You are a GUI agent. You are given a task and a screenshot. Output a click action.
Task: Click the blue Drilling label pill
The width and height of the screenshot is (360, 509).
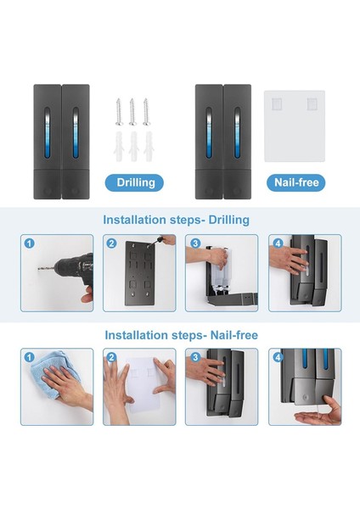pyautogui.click(x=134, y=182)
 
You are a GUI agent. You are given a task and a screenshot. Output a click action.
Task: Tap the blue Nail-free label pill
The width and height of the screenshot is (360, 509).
pyautogui.click(x=295, y=182)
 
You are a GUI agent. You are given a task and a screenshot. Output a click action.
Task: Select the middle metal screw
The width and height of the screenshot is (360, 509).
pyautogui.click(x=132, y=112)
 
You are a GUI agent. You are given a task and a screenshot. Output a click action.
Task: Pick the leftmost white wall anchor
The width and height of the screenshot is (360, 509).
pyautogui.click(x=119, y=146)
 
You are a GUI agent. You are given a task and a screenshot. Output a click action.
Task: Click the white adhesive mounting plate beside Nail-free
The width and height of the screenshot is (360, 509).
pyautogui.click(x=295, y=126)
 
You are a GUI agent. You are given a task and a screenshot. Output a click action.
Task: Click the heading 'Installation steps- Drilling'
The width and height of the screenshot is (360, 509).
pyautogui.click(x=176, y=220)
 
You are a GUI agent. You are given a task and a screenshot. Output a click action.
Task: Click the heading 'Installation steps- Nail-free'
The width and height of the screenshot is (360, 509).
pyautogui.click(x=182, y=335)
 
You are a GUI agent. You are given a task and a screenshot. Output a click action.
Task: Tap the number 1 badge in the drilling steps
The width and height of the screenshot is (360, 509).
pyautogui.click(x=29, y=243)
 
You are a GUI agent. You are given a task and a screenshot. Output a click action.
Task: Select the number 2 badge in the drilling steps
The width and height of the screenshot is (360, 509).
pyautogui.click(x=111, y=243)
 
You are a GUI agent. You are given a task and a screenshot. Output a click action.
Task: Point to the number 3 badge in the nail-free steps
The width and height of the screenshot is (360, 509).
pyautogui.click(x=195, y=357)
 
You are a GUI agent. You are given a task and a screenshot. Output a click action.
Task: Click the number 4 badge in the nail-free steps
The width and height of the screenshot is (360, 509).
pyautogui.click(x=278, y=357)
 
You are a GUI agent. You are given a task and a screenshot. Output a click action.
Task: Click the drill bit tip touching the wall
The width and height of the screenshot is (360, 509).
pyautogui.click(x=38, y=268)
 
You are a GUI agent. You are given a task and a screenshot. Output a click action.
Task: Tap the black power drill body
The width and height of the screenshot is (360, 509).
pyautogui.click(x=76, y=267)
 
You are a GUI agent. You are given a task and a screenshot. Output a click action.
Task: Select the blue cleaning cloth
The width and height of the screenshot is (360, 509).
pyautogui.click(x=53, y=373)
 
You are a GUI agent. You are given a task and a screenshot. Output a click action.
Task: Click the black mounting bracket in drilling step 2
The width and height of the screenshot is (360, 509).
pyautogui.click(x=140, y=273)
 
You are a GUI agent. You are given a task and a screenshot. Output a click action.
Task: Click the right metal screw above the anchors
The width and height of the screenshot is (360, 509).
pyautogui.click(x=146, y=112)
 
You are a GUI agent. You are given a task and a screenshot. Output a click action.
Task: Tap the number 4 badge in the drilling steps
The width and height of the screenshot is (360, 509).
pyautogui.click(x=278, y=243)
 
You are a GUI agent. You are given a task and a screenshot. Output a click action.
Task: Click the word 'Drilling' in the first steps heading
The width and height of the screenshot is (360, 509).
pyautogui.click(x=228, y=220)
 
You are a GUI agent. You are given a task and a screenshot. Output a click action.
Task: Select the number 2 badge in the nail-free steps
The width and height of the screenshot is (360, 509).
pyautogui.click(x=111, y=357)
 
